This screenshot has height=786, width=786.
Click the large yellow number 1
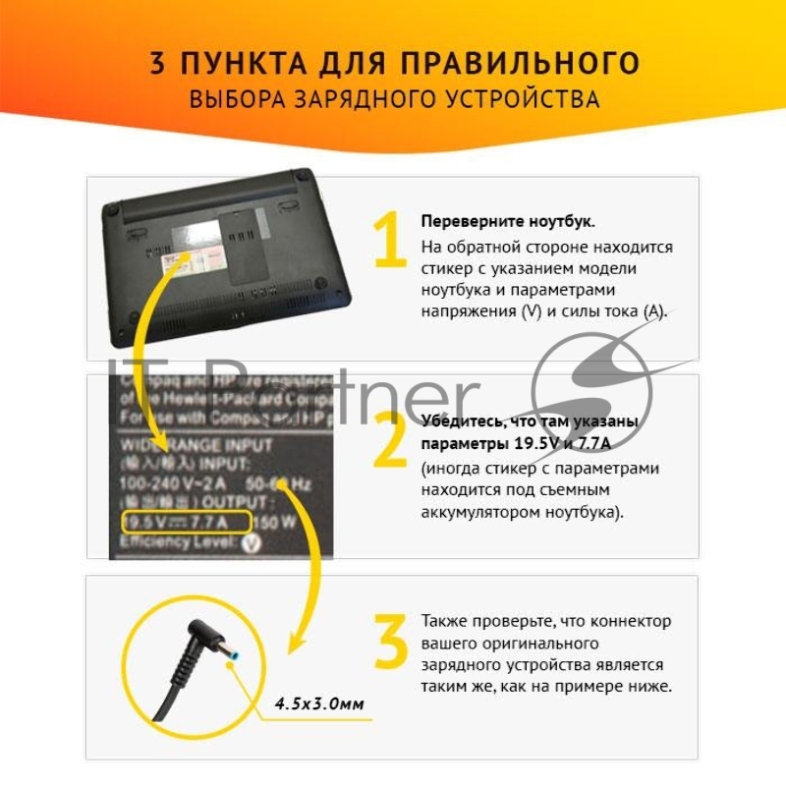(391, 240)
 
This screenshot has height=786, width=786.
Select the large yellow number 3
(391, 643)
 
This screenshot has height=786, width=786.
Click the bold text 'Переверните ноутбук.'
(507, 221)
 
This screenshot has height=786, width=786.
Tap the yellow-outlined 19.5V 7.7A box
(186, 521)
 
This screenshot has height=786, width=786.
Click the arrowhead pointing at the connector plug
(298, 645)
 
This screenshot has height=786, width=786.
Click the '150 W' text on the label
(279, 522)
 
